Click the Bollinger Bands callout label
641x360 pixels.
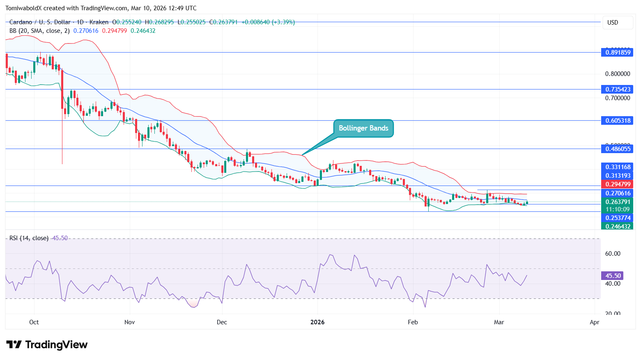click(363, 128)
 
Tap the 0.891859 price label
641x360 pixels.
click(618, 53)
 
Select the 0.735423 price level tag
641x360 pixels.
click(618, 89)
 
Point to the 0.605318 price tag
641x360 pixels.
click(618, 121)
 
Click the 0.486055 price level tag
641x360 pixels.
click(618, 149)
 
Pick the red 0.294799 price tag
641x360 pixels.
click(618, 184)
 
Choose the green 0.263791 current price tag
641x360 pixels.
click(618, 202)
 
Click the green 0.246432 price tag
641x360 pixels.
click(618, 227)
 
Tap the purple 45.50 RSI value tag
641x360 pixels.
click(612, 276)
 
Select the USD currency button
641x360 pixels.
click(613, 23)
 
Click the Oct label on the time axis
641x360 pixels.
click(34, 322)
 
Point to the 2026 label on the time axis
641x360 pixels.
click(317, 322)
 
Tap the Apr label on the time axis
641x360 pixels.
click(594, 322)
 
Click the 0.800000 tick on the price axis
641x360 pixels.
click(617, 74)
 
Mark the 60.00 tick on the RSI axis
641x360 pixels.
click(613, 254)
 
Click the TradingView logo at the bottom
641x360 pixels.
click(47, 344)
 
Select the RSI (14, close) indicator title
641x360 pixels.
click(29, 238)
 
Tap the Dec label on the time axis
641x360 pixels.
click(222, 322)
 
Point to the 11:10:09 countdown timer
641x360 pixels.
click(617, 209)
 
